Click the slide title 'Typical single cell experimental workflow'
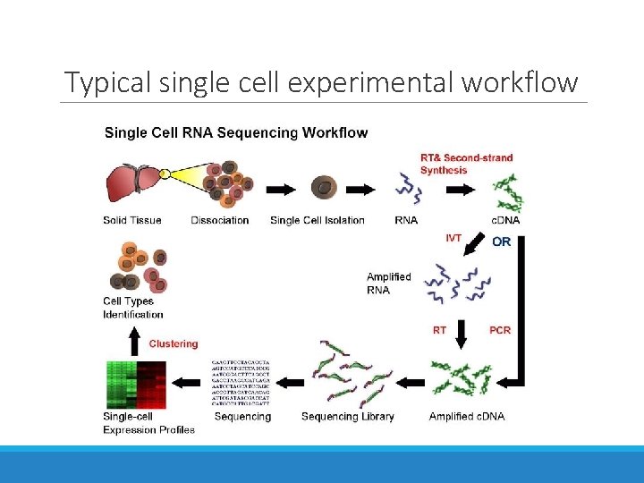[x=322, y=82]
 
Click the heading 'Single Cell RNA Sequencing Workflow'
[x=236, y=132]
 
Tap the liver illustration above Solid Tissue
[x=133, y=183]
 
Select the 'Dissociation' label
[x=219, y=220]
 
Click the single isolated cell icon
[x=323, y=188]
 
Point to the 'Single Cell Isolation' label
[x=317, y=220]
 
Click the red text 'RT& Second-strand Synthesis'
[x=466, y=164]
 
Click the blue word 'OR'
[x=502, y=241]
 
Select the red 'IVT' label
[x=453, y=238]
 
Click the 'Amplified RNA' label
[x=388, y=284]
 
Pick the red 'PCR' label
[x=500, y=330]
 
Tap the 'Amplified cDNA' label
[x=466, y=416]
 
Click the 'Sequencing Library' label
[x=347, y=416]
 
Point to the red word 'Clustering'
[x=174, y=343]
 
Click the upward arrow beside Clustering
[x=135, y=339]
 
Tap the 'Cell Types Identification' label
[x=133, y=308]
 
